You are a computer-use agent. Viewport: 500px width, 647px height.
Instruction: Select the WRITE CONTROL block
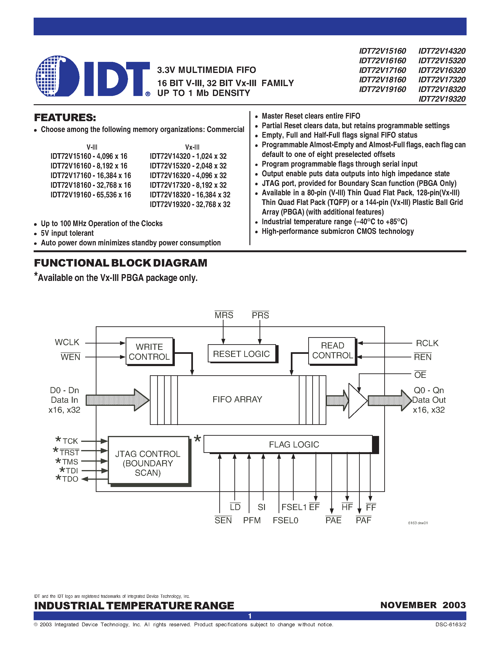(x=149, y=352)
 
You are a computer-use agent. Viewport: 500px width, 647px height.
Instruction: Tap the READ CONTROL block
(x=332, y=351)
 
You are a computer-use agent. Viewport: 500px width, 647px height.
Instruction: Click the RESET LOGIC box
(x=241, y=354)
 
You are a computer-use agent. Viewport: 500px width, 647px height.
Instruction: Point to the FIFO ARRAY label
(x=237, y=399)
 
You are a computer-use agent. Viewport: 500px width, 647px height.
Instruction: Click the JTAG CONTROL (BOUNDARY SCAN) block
(x=148, y=463)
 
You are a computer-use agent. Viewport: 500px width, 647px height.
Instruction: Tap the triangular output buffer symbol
(x=357, y=400)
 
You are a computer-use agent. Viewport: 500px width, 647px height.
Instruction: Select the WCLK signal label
(x=67, y=342)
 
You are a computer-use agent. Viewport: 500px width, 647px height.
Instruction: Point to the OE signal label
(x=420, y=375)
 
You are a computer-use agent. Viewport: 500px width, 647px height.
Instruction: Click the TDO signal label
(x=70, y=479)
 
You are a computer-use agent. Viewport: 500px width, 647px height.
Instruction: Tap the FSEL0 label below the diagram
(x=285, y=520)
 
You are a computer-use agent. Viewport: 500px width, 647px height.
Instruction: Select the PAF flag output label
(x=364, y=520)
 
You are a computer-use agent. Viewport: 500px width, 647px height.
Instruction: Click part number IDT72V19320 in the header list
(x=442, y=99)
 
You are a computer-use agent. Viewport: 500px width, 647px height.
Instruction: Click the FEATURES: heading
(x=65, y=118)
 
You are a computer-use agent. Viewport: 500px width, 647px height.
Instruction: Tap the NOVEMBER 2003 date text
(x=423, y=605)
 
